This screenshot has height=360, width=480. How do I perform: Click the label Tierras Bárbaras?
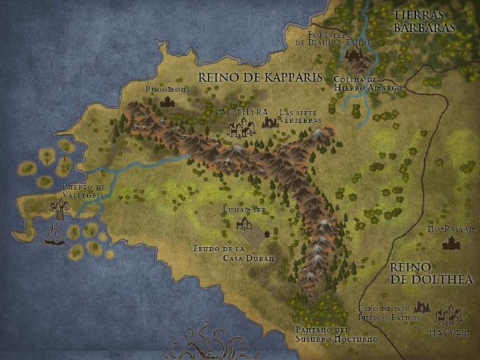[423, 21]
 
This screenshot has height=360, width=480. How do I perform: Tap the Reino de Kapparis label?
[260, 77]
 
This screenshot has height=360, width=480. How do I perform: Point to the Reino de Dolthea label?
[431, 273]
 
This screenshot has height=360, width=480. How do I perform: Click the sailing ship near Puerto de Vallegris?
[53, 237]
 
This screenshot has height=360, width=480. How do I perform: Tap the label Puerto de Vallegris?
[82, 191]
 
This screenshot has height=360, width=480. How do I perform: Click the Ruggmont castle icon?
[167, 102]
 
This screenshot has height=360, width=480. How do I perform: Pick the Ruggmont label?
[167, 89]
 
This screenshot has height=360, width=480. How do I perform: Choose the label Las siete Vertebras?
[300, 116]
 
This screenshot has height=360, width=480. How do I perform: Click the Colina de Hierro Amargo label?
[377, 84]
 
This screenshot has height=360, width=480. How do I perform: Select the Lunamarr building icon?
[243, 223]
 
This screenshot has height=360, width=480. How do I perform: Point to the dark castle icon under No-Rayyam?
[451, 242]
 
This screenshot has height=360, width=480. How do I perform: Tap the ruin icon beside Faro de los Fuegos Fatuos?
[421, 306]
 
